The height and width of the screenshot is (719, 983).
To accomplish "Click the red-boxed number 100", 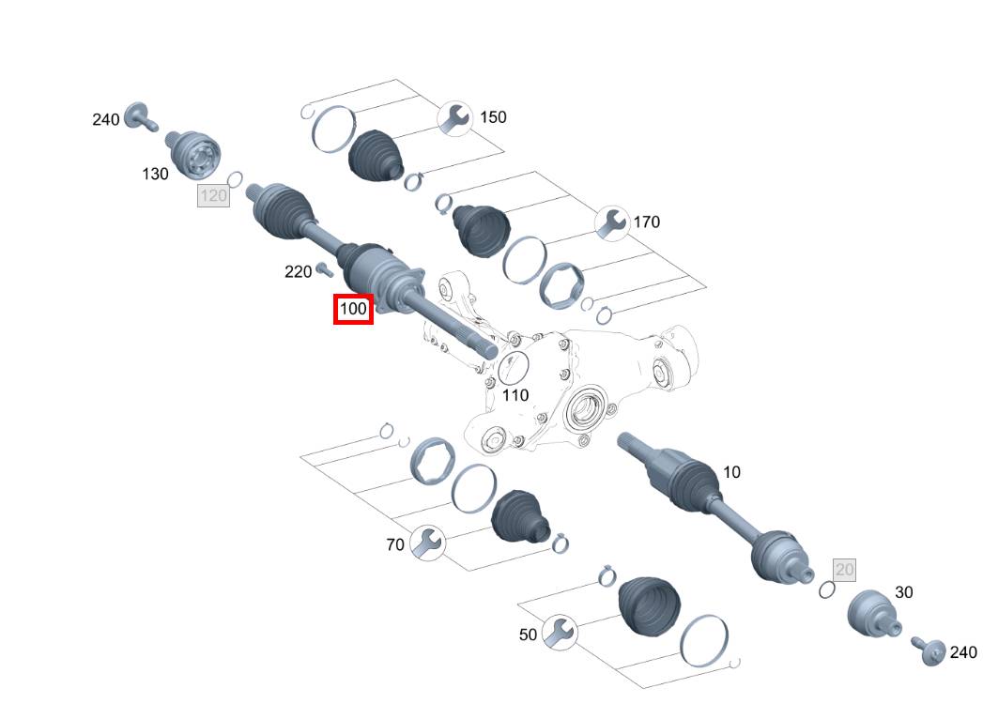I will (x=354, y=309).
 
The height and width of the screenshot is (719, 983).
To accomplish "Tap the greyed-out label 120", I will (x=214, y=195).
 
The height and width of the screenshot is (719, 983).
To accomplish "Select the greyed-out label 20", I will (x=844, y=569).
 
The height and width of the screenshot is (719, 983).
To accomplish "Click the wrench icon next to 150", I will (x=455, y=117).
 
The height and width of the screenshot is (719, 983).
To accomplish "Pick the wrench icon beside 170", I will (x=612, y=222).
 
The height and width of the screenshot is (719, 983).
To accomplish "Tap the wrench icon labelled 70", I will (x=427, y=543).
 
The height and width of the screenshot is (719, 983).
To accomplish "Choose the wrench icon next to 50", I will (x=560, y=634).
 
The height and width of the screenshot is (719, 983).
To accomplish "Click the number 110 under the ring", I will (x=515, y=395).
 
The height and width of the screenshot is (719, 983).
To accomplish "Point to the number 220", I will (x=298, y=272).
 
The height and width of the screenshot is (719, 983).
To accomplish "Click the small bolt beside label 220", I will (x=324, y=270).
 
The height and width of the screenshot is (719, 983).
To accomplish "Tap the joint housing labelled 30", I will (x=872, y=615).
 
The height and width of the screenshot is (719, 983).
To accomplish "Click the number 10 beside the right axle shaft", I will (x=731, y=472).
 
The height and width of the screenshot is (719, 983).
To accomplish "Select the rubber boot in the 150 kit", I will (x=376, y=155).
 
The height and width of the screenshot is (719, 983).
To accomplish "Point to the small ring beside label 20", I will (x=826, y=589).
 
